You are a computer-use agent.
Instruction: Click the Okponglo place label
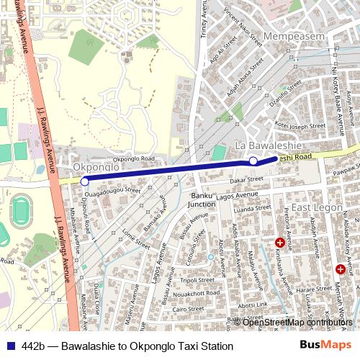(96, 167)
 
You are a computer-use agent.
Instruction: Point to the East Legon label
(315, 207)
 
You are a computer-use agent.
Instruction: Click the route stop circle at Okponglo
(84, 181)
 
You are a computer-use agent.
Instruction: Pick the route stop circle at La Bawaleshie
(253, 161)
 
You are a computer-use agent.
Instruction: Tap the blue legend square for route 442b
(10, 346)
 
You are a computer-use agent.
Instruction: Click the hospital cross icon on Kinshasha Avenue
(280, 243)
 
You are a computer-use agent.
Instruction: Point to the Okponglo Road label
(134, 158)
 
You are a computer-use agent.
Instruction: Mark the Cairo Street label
(189, 308)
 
